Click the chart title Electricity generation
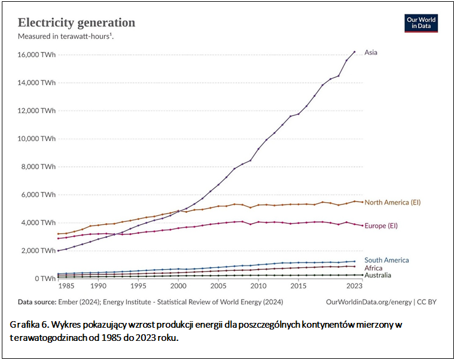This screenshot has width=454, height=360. (x=77, y=23)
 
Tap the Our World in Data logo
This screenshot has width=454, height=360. (x=421, y=23)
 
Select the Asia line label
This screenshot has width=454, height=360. (x=371, y=53)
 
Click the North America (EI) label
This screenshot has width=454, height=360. (x=392, y=202)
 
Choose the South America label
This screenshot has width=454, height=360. (x=386, y=260)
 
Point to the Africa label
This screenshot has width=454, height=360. (x=373, y=268)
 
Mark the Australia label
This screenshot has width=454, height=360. (x=378, y=275)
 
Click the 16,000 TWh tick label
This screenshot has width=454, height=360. (x=37, y=54)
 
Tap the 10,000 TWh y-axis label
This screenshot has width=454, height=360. (x=37, y=139)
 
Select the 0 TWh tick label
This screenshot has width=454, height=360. (x=45, y=279)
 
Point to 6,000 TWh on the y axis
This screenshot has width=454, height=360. (x=39, y=195)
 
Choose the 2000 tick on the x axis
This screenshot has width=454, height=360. (x=178, y=287)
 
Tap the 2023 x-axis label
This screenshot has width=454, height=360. (x=354, y=287)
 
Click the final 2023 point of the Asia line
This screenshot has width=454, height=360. (x=354, y=52)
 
